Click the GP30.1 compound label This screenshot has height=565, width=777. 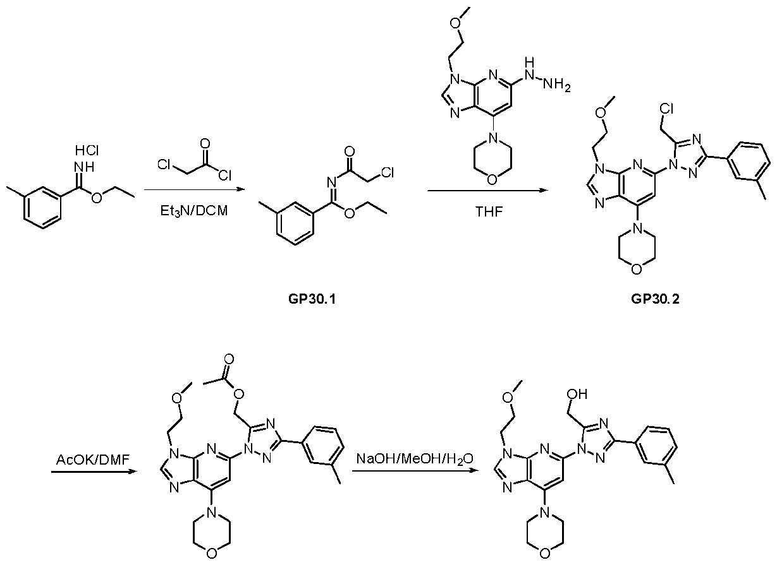[x=312, y=299]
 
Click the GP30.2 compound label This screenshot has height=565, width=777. [x=655, y=299]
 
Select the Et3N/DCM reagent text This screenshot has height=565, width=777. [x=194, y=211]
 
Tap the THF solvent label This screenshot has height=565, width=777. [x=489, y=211]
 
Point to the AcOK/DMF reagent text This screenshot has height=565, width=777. [x=93, y=460]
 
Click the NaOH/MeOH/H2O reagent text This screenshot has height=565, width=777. [x=415, y=460]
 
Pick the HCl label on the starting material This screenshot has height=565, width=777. [x=87, y=150]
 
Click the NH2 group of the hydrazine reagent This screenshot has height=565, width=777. [x=556, y=85]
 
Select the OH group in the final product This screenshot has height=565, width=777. [x=577, y=394]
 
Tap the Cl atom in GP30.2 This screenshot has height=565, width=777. [x=666, y=109]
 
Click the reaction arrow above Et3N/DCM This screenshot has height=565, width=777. [x=195, y=189]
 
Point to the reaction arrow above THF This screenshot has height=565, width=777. [x=487, y=190]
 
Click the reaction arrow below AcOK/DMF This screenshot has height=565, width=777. [x=94, y=472]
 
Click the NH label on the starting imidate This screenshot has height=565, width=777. [x=84, y=167]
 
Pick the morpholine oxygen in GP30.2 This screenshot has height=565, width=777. [x=636, y=269]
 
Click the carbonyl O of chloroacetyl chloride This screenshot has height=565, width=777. [x=205, y=143]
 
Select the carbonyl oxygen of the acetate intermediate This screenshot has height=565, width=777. [x=229, y=359]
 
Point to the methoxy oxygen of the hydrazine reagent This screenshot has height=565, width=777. [x=456, y=23]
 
